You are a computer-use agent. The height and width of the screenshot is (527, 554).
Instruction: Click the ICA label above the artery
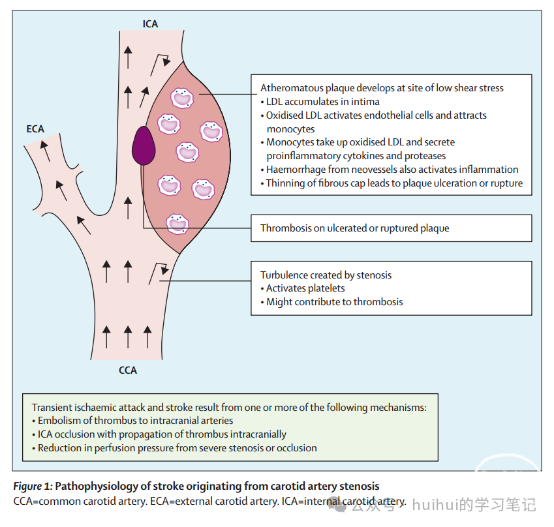[x=151, y=24]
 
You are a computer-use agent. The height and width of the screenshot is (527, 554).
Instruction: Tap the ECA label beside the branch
[x=35, y=128]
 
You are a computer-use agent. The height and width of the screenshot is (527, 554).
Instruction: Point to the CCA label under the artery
[x=128, y=370]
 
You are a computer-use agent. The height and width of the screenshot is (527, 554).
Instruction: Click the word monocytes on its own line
[x=290, y=129]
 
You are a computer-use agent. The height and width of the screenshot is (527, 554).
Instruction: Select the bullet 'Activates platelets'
[x=305, y=288]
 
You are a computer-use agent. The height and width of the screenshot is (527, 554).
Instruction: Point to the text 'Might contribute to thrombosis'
[x=334, y=302]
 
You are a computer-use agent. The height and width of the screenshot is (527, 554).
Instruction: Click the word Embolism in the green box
[x=58, y=421]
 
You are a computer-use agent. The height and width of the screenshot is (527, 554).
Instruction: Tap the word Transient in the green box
[x=53, y=407]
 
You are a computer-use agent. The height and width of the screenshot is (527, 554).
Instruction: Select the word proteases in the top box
[x=425, y=156]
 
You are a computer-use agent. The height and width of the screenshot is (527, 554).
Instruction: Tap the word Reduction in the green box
[x=59, y=448]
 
